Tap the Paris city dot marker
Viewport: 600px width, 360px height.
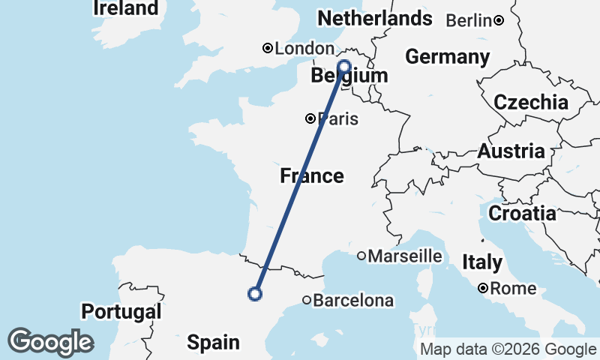pyautogui.click(x=310, y=118)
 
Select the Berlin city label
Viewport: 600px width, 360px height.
pyautogui.click(x=469, y=20)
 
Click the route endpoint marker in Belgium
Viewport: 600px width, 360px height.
pyautogui.click(x=345, y=66)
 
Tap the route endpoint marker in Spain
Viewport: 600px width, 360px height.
pyautogui.click(x=255, y=294)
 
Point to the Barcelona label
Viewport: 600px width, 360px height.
pyautogui.click(x=353, y=301)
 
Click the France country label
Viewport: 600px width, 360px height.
pyautogui.click(x=312, y=176)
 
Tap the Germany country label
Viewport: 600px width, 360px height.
pyautogui.click(x=447, y=57)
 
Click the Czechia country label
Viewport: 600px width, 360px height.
pyautogui.click(x=530, y=103)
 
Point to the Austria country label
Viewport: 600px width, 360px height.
pyautogui.click(x=511, y=151)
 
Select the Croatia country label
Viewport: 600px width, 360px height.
pyautogui.click(x=522, y=213)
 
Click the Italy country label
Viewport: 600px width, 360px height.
pyautogui.click(x=481, y=262)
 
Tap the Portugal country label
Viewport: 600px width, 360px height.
pyautogui.click(x=121, y=311)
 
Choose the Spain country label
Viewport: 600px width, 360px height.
pyautogui.click(x=213, y=343)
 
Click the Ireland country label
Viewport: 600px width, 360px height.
pyautogui.click(x=126, y=8)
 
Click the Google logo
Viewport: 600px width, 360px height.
pyautogui.click(x=50, y=342)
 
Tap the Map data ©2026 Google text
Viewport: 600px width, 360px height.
pyautogui.click(x=508, y=349)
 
